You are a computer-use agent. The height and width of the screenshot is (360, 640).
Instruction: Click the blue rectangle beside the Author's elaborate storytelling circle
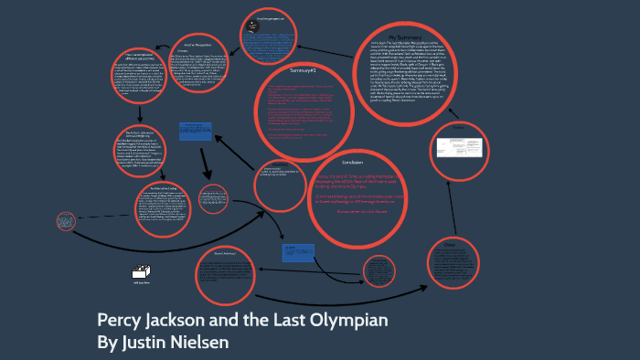[194, 132]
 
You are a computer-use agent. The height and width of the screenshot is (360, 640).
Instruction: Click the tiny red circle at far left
[65, 221]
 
